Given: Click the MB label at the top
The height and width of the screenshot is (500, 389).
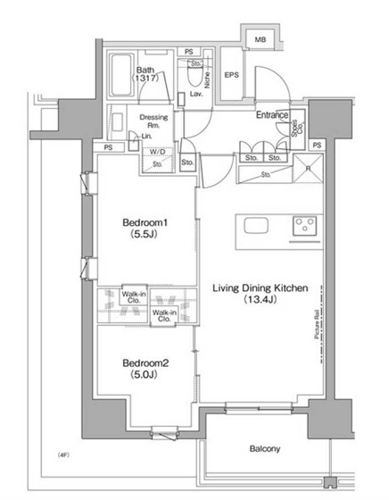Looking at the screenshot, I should [x=261, y=39].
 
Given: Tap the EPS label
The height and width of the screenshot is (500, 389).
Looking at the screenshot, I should [x=230, y=76].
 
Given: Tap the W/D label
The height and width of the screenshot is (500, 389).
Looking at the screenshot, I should [x=157, y=153].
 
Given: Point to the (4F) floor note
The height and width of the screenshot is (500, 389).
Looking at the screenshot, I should [x=63, y=455].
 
